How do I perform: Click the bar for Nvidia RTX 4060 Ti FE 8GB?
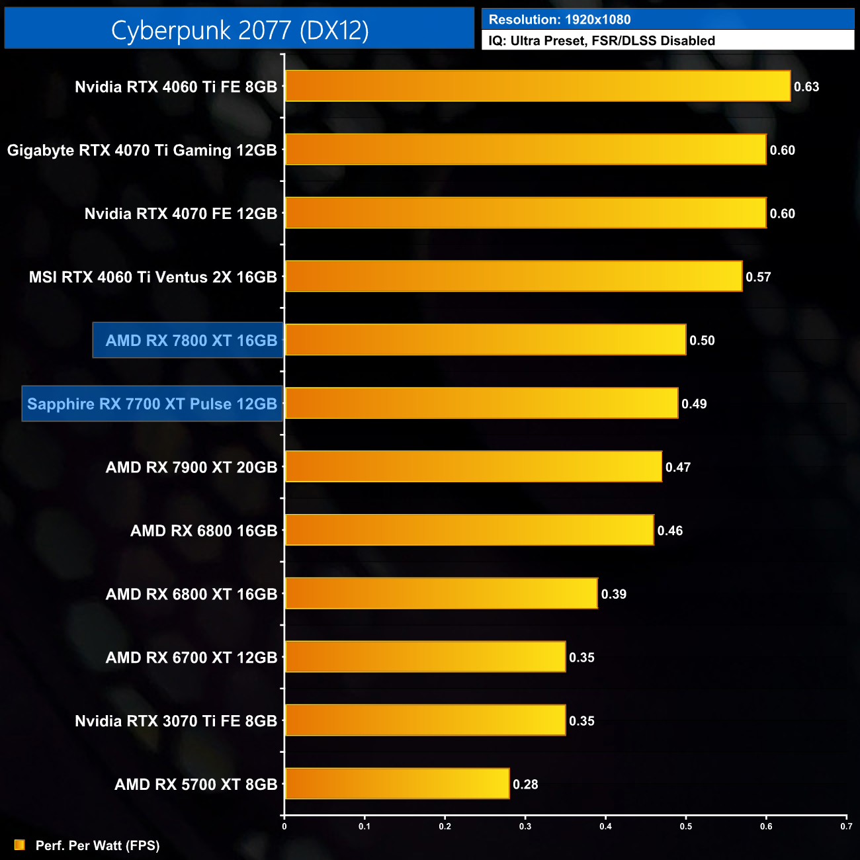537,86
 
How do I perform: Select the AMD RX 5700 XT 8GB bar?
397,784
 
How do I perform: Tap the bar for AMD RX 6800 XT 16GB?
441,593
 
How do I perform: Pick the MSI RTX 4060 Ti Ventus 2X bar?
513,277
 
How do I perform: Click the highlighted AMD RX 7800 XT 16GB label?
191,341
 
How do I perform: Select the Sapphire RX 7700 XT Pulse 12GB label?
152,404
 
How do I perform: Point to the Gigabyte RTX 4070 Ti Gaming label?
142,150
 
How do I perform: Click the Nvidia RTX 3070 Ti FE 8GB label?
175,721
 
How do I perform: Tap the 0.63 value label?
806,87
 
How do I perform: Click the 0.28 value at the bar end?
525,785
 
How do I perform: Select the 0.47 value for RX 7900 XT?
678,468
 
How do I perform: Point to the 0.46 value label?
670,531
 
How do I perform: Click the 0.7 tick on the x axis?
846,826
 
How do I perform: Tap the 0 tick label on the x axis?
284,826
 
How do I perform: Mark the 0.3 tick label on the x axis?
525,826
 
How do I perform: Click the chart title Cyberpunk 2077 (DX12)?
239,30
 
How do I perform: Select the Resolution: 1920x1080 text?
560,20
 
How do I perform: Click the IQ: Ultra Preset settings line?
601,41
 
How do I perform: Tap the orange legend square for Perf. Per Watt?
20,845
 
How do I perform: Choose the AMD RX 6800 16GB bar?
469,530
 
